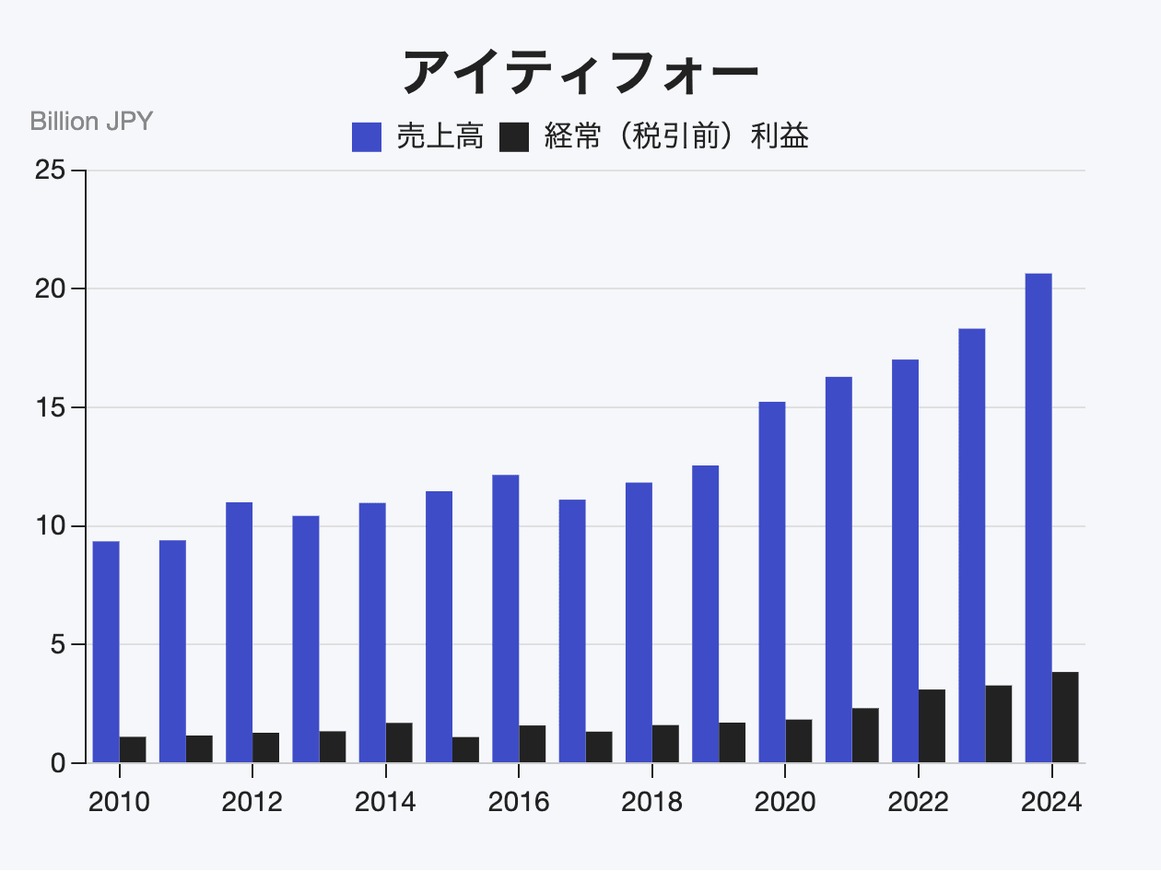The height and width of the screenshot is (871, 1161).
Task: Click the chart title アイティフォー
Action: [x=580, y=71]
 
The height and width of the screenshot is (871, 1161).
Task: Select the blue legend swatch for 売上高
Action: [x=367, y=137]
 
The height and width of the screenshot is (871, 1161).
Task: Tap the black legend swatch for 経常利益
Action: [x=513, y=137]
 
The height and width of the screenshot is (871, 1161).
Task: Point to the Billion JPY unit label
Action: [x=91, y=121]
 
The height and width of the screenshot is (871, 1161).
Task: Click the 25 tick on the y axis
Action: [x=50, y=171]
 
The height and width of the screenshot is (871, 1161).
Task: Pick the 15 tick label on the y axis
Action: [x=50, y=407]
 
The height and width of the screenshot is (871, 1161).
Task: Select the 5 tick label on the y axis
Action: [x=57, y=644]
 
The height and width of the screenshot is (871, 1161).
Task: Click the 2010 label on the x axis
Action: [x=119, y=802]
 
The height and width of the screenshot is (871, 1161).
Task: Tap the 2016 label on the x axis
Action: [x=519, y=802]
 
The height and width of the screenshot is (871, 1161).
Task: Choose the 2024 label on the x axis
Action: [x=1051, y=802]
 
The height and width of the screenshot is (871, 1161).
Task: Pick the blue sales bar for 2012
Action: [x=240, y=632]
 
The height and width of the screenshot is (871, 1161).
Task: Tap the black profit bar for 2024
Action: [x=1065, y=717]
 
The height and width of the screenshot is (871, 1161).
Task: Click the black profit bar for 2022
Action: [x=932, y=726]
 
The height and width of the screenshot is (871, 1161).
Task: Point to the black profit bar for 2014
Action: [x=399, y=743]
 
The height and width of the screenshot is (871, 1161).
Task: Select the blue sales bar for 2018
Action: [x=639, y=622]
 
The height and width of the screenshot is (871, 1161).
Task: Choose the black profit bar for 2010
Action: [x=133, y=749]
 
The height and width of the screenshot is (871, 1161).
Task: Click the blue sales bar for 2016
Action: [x=506, y=618]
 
